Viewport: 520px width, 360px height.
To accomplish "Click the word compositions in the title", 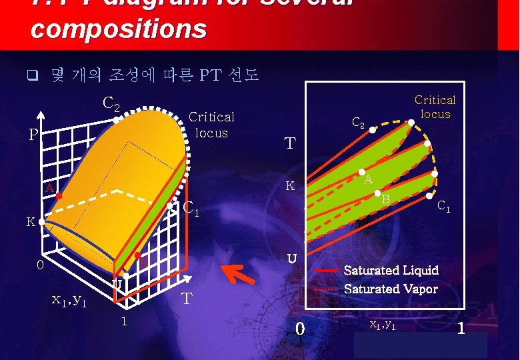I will pos(119,29).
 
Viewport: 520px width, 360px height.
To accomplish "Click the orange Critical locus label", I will pos(435,107).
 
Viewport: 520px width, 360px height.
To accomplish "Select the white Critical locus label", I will pos(211,124).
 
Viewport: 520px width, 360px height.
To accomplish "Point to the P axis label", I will pos(33,135).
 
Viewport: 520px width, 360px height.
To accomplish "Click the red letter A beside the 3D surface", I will pos(49,189).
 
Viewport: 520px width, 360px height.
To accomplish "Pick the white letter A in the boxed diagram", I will pos(368,179).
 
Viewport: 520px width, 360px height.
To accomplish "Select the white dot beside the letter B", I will pos(377,193).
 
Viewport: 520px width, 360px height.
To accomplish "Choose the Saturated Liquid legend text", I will pos(391,270).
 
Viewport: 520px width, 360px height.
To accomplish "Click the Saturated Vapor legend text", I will pos(391,289).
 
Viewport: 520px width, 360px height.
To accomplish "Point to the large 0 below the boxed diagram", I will pos(300,328).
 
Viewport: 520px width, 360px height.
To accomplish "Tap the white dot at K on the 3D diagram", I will pos(41,222).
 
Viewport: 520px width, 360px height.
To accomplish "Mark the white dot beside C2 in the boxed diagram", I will pos(372,131).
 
